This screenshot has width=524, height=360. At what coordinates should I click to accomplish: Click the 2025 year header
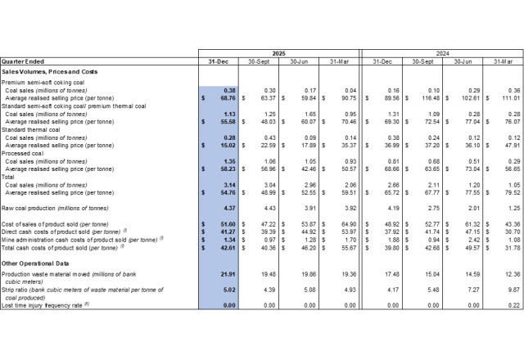click(x=278, y=53)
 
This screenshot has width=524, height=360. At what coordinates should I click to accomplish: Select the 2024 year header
click(x=441, y=53)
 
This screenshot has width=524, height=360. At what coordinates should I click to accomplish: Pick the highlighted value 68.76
click(x=225, y=97)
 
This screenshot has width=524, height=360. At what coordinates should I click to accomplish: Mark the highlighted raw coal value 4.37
click(x=227, y=209)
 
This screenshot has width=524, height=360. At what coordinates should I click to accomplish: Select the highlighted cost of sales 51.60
click(x=225, y=223)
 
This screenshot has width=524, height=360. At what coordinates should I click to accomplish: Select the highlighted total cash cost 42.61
click(x=225, y=246)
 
